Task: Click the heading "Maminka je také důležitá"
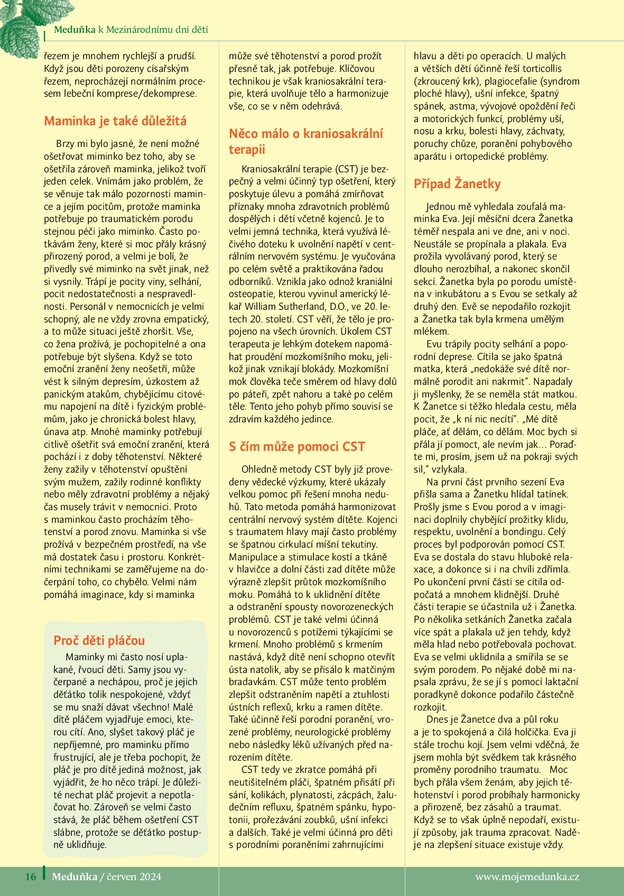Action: pyautogui.click(x=115, y=121)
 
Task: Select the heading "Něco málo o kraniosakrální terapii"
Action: pyautogui.click(x=306, y=141)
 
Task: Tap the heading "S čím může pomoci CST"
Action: pyautogui.click(x=296, y=447)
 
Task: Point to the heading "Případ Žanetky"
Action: pyautogui.click(x=457, y=184)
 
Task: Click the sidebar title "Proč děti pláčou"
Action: pyautogui.click(x=99, y=641)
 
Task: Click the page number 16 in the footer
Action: pyautogui.click(x=31, y=876)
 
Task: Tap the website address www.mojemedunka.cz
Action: pyautogui.click(x=527, y=876)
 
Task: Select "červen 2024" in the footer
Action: pyautogui.click(x=134, y=876)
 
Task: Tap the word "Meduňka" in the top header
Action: pyautogui.click(x=74, y=30)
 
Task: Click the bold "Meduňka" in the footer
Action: pyautogui.click(x=74, y=876)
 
